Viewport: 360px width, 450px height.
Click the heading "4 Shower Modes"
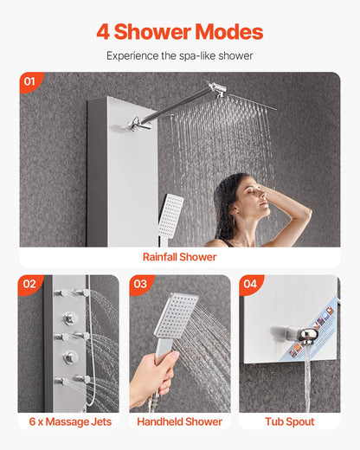179,32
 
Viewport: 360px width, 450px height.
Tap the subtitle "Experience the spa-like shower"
179,55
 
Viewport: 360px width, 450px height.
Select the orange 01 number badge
30,82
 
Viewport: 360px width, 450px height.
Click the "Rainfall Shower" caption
179,257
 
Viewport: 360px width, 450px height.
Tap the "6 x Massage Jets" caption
68,421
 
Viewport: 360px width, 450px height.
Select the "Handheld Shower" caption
179,421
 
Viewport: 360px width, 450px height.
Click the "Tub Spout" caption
290,421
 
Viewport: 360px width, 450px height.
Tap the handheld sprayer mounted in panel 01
170,212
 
